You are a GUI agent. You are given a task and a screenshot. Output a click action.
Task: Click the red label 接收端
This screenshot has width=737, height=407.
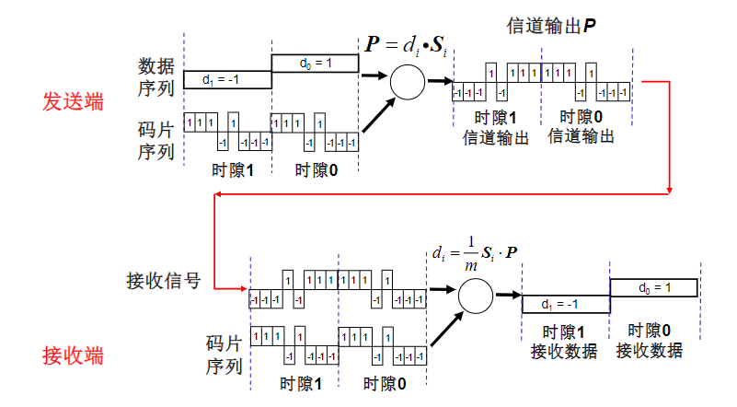[x=74, y=355]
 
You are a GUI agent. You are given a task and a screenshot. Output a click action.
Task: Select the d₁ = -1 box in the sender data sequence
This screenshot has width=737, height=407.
[x=226, y=80]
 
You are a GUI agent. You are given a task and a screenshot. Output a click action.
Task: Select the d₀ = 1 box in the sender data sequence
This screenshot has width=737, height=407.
[x=314, y=63]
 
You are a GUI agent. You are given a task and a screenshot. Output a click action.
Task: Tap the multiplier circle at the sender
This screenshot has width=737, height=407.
[x=406, y=82]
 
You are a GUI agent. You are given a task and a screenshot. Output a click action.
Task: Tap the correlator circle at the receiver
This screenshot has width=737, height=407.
[x=475, y=295]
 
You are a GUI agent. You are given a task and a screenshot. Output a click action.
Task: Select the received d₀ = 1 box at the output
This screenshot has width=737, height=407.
[x=653, y=287]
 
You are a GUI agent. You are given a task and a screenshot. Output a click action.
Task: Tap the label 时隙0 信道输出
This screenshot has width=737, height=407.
[x=581, y=127]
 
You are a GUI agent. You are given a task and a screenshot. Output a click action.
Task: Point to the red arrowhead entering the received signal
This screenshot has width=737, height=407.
[x=242, y=288]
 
